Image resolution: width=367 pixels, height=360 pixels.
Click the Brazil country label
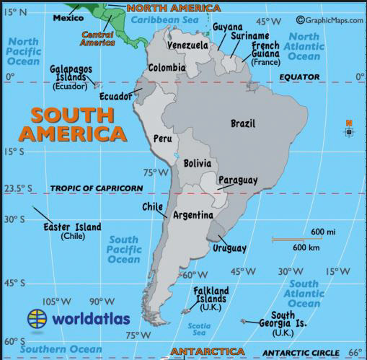tap(242, 123)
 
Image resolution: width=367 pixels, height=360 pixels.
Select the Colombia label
tap(167, 69)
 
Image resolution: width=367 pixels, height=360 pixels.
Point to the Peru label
tap(162, 138)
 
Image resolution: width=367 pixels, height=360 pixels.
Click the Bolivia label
tap(197, 163)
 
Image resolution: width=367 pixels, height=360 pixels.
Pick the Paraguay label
tap(237, 180)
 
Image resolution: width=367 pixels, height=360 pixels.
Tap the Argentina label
tap(193, 215)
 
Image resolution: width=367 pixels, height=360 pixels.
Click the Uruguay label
tap(229, 248)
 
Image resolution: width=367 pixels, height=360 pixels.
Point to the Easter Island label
tap(71, 227)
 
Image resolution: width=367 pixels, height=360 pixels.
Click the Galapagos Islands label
tap(71, 74)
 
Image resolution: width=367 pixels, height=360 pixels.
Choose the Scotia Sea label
tap(198, 329)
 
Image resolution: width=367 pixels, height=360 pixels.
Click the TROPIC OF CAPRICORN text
tap(96, 188)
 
